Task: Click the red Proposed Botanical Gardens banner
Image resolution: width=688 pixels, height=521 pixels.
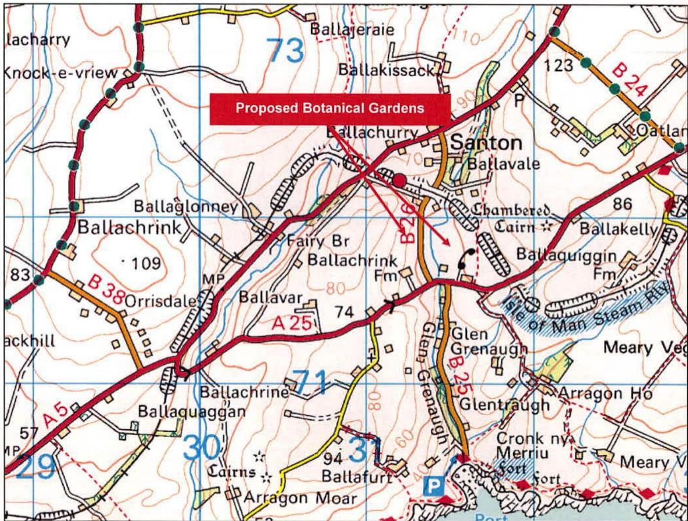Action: [x=330, y=109]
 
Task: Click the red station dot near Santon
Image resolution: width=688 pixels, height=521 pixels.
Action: [x=399, y=180]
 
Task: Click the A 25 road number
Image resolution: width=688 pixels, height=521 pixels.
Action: [x=293, y=324]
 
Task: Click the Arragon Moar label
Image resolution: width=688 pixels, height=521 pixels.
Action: [x=299, y=498]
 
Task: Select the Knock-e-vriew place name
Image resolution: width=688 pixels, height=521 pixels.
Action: [x=61, y=73]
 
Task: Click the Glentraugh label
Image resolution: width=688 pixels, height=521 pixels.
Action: [x=504, y=404]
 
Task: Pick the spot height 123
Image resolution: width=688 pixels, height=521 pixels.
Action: [x=559, y=65]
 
